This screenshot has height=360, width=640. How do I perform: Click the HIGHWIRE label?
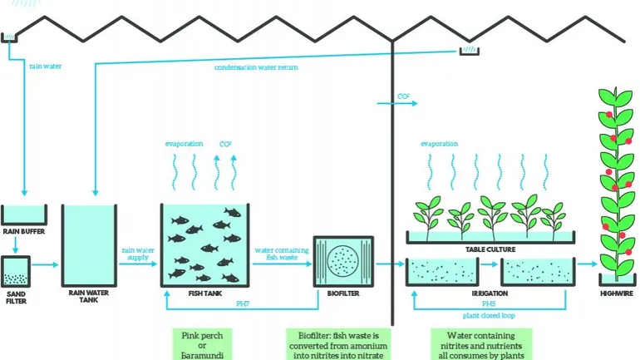click(616, 293)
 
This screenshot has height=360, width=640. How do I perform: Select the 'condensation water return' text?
click(256, 67)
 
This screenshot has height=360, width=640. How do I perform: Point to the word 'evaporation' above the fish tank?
click(184, 143)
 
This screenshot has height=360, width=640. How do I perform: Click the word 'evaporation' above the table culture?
click(439, 143)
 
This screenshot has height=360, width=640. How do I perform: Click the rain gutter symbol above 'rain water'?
click(11, 37)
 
